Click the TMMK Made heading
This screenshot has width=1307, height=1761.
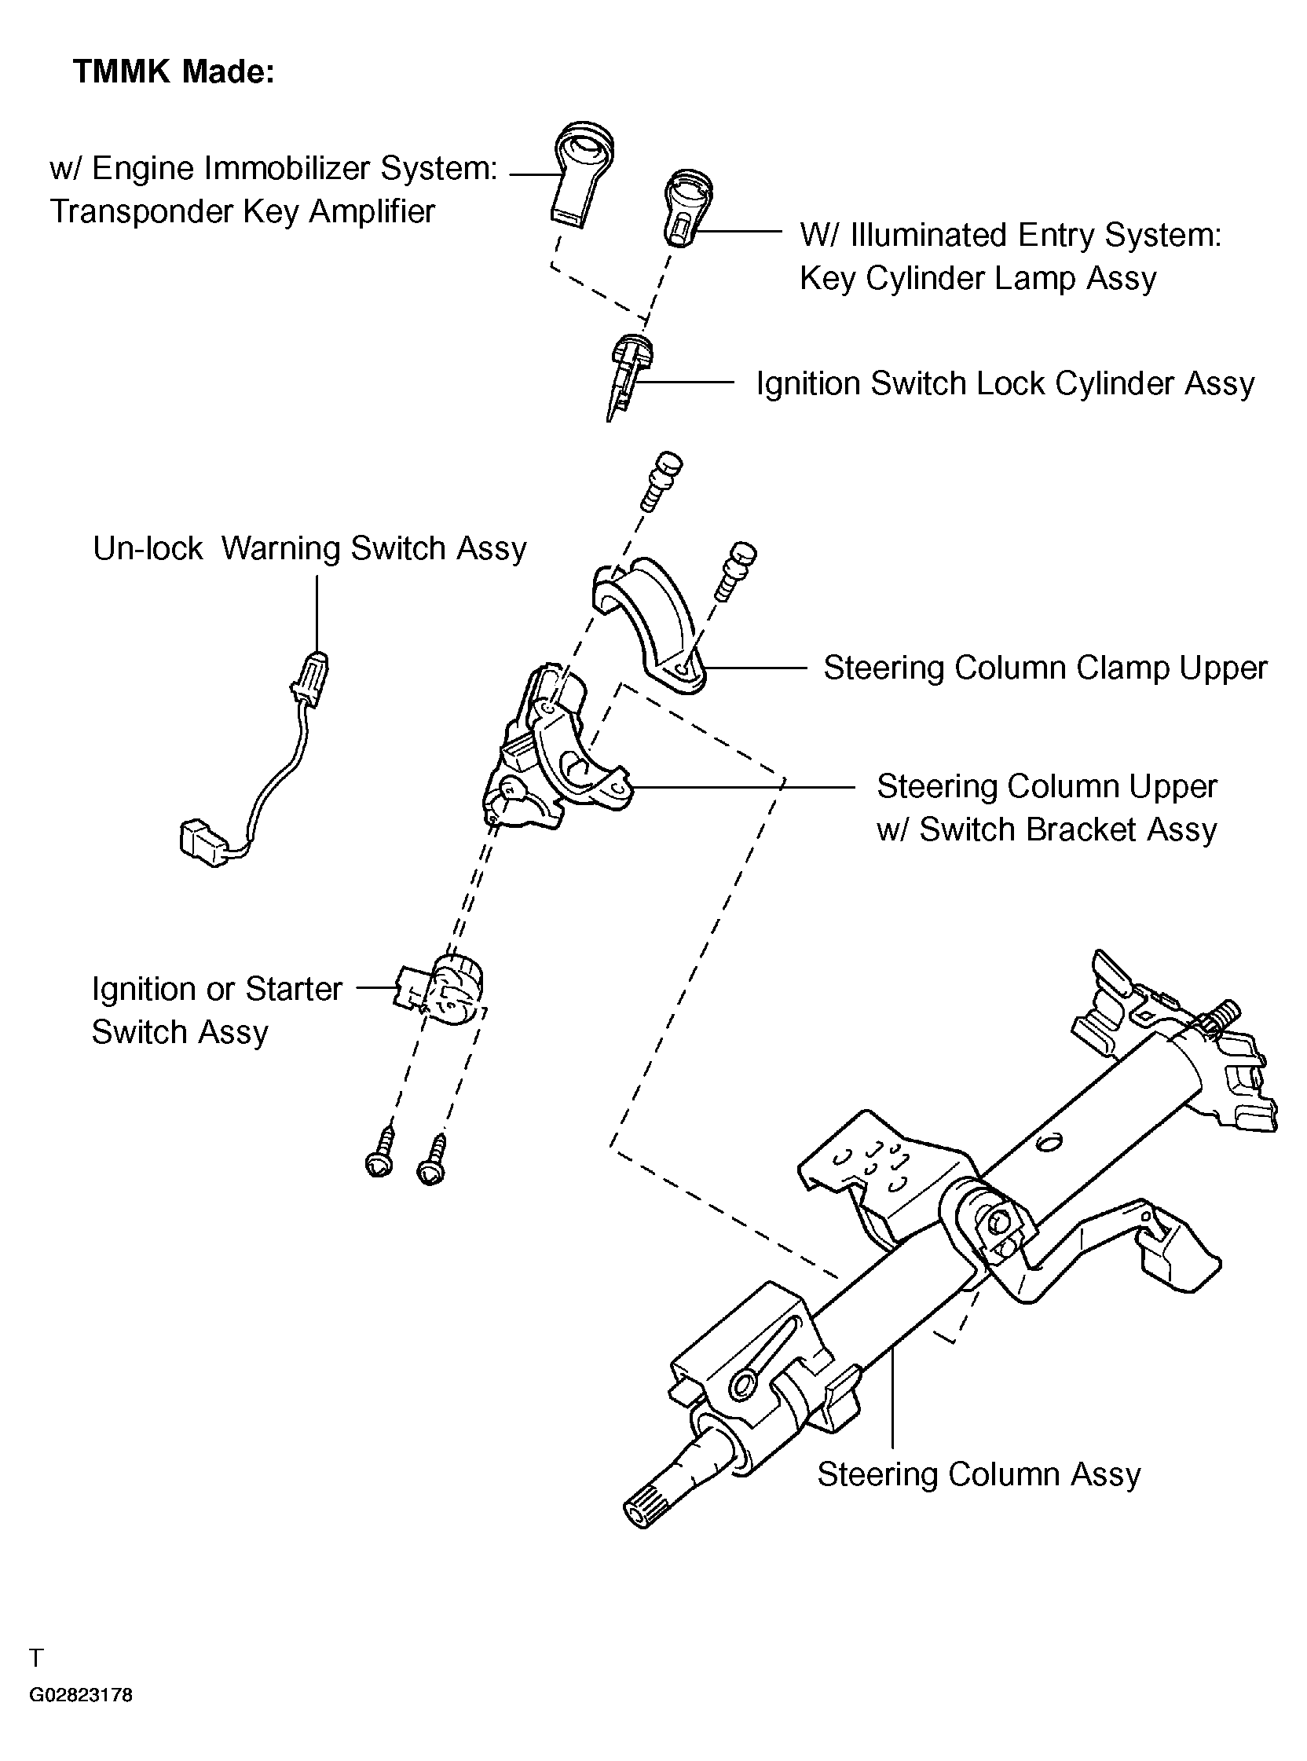174,72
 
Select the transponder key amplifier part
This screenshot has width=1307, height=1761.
582,175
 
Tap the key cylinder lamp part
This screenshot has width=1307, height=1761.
686,207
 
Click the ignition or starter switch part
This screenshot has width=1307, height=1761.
440,989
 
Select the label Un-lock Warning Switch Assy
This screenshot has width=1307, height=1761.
309,548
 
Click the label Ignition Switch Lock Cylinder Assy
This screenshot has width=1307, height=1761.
1005,384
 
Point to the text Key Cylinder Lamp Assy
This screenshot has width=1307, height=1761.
978,279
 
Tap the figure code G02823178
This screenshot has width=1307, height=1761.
81,1695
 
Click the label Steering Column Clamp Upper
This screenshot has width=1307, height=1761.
1045,668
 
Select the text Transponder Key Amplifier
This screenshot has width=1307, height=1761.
242,212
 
